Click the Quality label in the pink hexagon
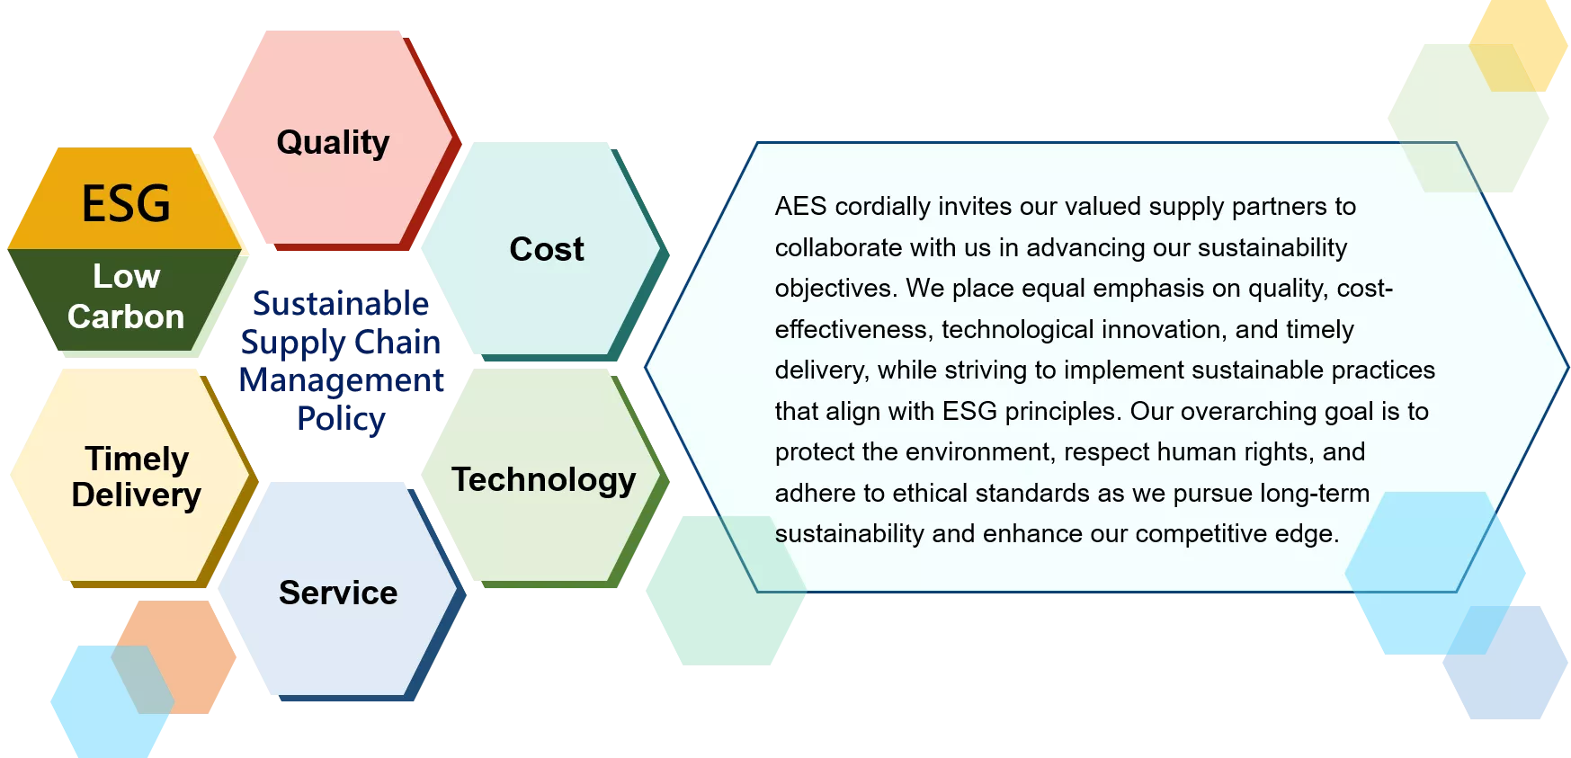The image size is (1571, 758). (333, 143)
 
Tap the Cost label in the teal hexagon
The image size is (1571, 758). (547, 249)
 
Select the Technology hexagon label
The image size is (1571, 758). (544, 480)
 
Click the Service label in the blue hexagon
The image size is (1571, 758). (338, 593)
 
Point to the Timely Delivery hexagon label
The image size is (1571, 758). (137, 477)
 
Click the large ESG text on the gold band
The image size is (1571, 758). (126, 203)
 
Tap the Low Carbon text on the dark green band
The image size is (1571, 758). (126, 296)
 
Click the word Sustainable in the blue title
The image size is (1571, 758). (341, 303)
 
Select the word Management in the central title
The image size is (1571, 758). (342, 380)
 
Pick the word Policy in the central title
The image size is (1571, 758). (342, 419)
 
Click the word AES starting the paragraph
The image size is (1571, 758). (800, 207)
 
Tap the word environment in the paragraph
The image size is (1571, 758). (989, 451)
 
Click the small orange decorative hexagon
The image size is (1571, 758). (174, 657)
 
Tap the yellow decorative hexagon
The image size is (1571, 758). (1518, 45)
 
